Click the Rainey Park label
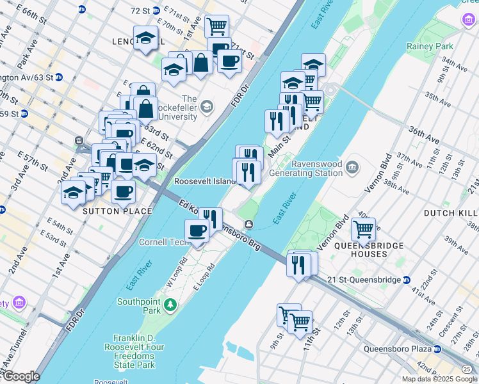click(x=430, y=46)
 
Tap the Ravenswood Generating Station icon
click(x=352, y=168)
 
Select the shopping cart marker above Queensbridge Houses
click(x=363, y=228)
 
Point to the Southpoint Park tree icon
click(x=170, y=304)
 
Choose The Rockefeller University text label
click(x=190, y=108)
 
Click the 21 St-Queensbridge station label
click(x=364, y=280)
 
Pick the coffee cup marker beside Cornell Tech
click(x=197, y=230)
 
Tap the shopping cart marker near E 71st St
click(x=217, y=26)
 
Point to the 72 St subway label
click(x=140, y=11)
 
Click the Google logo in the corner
click(x=20, y=376)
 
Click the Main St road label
click(x=280, y=145)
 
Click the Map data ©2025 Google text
click(x=439, y=379)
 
